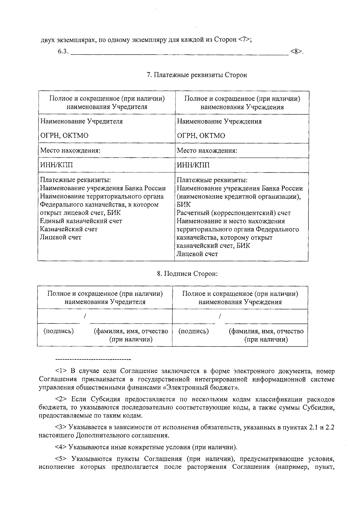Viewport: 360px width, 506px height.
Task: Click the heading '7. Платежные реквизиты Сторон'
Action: (197, 75)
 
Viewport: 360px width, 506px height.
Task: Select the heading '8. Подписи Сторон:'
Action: (187, 274)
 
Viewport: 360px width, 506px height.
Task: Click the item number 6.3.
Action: (63, 52)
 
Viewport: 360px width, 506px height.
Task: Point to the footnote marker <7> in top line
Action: (244, 40)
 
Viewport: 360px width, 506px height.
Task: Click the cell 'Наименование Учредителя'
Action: (82, 121)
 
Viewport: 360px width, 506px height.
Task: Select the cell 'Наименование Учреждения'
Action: (219, 121)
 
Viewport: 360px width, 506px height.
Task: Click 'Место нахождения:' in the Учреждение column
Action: (207, 151)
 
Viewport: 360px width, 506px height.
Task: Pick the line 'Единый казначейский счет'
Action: (81, 221)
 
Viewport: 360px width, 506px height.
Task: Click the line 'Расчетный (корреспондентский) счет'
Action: (234, 213)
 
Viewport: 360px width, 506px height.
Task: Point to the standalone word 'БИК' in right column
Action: (184, 205)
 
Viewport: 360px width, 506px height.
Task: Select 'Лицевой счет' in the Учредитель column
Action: (61, 237)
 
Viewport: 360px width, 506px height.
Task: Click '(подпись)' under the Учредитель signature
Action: (59, 331)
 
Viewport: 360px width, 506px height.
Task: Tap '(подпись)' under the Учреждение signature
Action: (194, 331)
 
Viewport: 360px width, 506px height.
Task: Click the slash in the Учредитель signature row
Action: (85, 316)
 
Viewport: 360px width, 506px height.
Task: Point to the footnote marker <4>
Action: (61, 447)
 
